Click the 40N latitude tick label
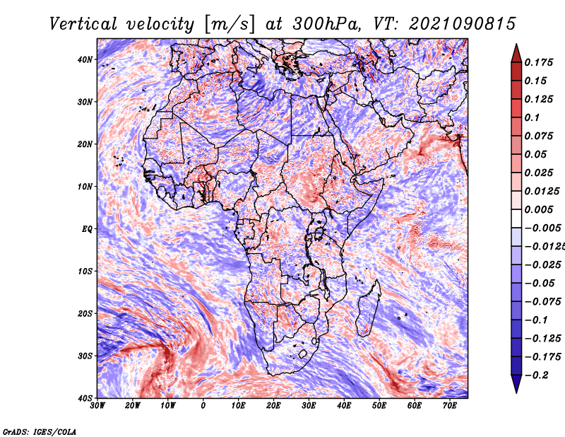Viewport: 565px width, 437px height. (84, 59)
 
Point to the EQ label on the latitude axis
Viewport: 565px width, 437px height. (87, 229)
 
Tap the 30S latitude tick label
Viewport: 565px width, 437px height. (84, 356)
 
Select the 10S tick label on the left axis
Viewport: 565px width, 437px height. (84, 271)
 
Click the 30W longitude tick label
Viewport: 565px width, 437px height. (97, 406)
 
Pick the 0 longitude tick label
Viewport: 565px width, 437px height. (203, 406)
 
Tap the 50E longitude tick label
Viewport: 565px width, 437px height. (379, 406)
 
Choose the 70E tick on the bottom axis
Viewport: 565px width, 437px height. (449, 406)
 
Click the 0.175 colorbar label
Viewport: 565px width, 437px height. (539, 62)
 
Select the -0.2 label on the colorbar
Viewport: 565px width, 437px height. (537, 375)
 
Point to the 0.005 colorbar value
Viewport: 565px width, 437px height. (539, 209)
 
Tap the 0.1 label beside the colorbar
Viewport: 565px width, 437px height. (532, 117)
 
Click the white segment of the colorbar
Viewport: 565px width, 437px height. (516, 218)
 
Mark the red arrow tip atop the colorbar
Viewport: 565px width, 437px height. (516, 45)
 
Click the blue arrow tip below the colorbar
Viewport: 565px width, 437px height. (516, 392)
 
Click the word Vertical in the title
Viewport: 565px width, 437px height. (83, 24)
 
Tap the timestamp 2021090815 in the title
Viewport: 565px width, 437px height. (463, 24)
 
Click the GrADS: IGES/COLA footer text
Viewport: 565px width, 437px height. (40, 431)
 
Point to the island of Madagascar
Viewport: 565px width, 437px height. (369, 308)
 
